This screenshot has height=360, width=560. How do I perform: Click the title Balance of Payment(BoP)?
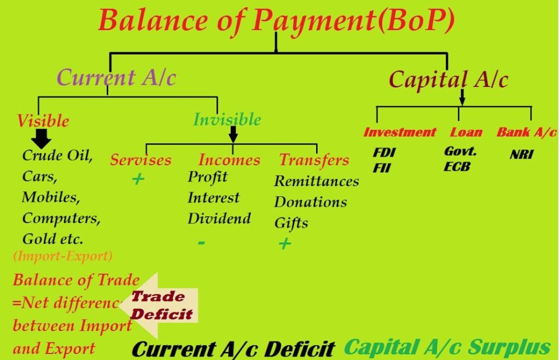click(x=277, y=20)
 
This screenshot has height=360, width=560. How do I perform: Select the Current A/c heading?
click(x=116, y=78)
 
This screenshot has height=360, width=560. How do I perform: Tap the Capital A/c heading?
click(x=448, y=80)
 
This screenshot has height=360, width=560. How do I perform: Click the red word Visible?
click(x=43, y=120)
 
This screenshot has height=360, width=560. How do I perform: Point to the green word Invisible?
click(x=227, y=119)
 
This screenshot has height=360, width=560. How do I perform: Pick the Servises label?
click(x=141, y=160)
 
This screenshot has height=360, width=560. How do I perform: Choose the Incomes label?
click(x=229, y=160)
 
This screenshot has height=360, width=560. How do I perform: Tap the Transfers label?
click(x=314, y=160)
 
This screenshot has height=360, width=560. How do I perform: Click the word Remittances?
click(x=316, y=181)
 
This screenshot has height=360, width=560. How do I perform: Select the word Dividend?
click(x=219, y=218)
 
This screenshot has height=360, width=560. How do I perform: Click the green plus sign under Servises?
click(x=138, y=179)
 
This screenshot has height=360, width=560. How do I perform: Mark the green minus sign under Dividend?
click(x=201, y=242)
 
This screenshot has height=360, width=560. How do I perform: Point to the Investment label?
click(x=399, y=132)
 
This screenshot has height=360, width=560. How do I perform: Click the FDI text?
click(x=384, y=153)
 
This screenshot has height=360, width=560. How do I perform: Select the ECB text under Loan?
click(x=457, y=167)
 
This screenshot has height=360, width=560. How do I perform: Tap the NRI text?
click(x=521, y=154)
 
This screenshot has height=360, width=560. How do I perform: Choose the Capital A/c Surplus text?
click(x=447, y=347)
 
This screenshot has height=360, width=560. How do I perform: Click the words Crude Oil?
click(x=57, y=155)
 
